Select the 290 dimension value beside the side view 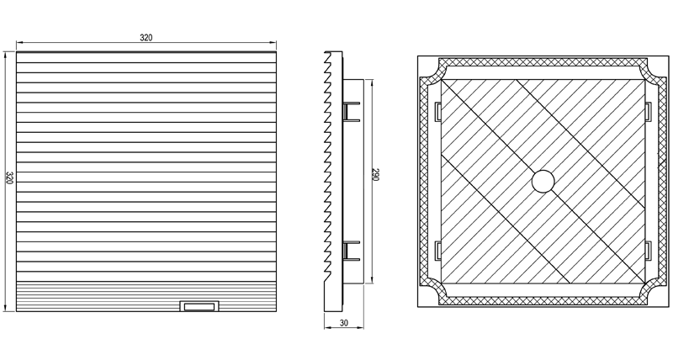(375, 175)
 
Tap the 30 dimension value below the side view (344, 323)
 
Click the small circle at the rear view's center (543, 181)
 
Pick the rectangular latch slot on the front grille (199, 306)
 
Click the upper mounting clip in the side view (351, 112)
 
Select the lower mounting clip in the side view (351, 251)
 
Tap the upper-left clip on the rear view (438, 112)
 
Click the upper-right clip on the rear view (648, 112)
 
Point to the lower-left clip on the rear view (438, 251)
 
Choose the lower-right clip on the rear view (648, 251)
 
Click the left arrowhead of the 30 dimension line (327, 328)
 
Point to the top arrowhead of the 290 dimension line (371, 82)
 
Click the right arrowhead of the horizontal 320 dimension (273, 43)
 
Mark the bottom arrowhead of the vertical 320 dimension (5, 308)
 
